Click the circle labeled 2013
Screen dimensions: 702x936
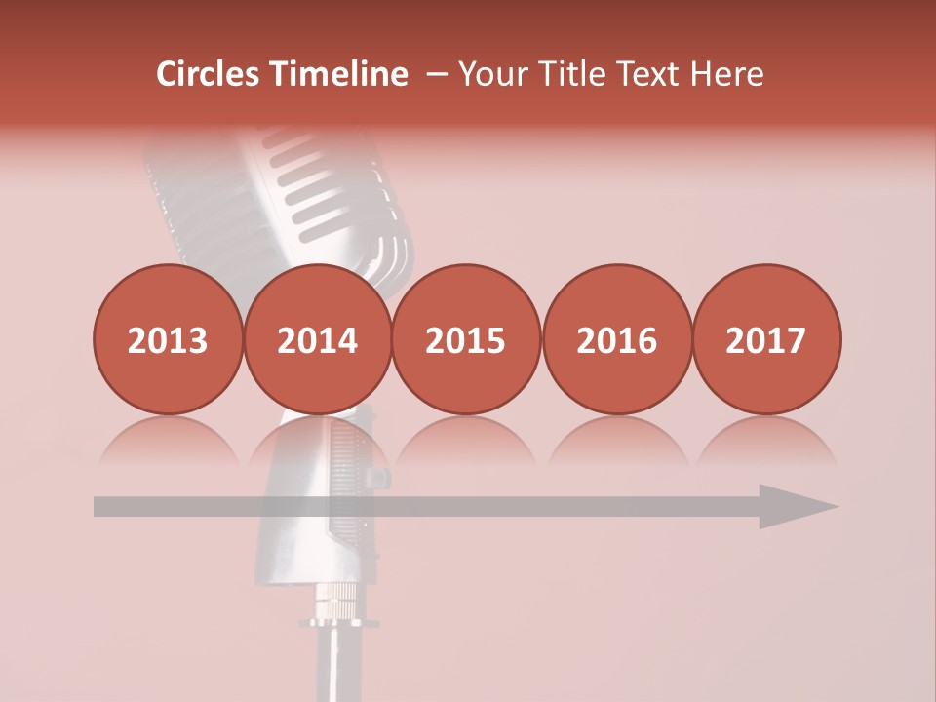coord(168,339)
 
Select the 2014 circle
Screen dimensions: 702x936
coord(317,339)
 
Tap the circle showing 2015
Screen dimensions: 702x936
coord(466,339)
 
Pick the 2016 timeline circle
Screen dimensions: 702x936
coord(616,339)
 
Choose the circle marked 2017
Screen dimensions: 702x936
coord(765,339)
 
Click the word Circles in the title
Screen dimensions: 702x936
coord(210,74)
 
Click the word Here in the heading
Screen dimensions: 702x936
coord(727,74)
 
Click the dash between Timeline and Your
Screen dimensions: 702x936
coord(436,74)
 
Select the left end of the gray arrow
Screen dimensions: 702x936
coord(98,506)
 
